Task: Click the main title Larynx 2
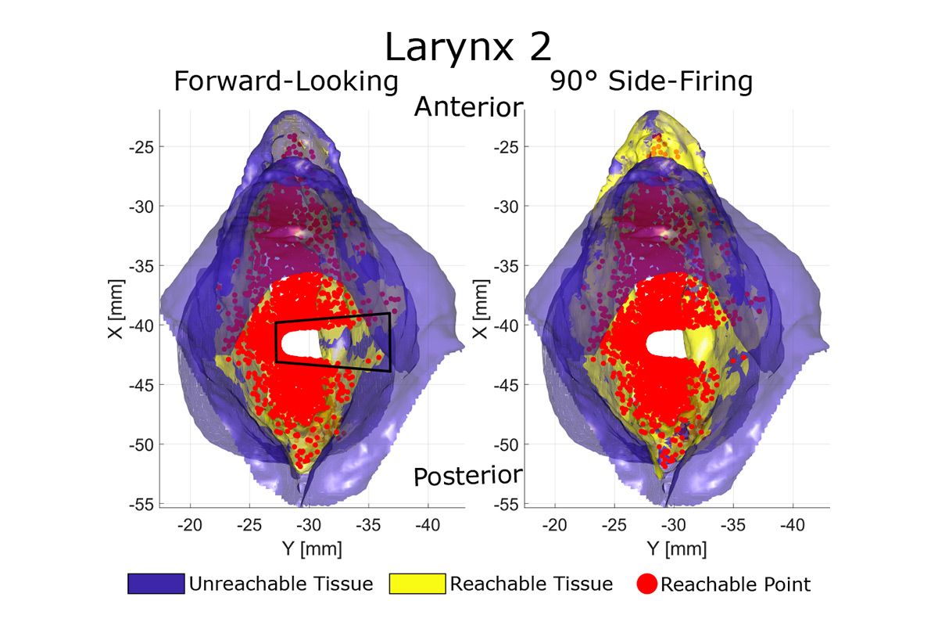click(467, 48)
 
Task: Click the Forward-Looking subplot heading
click(287, 81)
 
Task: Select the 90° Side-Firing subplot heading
click(652, 81)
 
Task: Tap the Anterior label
click(467, 107)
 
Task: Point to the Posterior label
click(467, 476)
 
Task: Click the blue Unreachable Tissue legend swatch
click(156, 584)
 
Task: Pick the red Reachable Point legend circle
click(645, 584)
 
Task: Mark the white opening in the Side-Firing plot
click(664, 344)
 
